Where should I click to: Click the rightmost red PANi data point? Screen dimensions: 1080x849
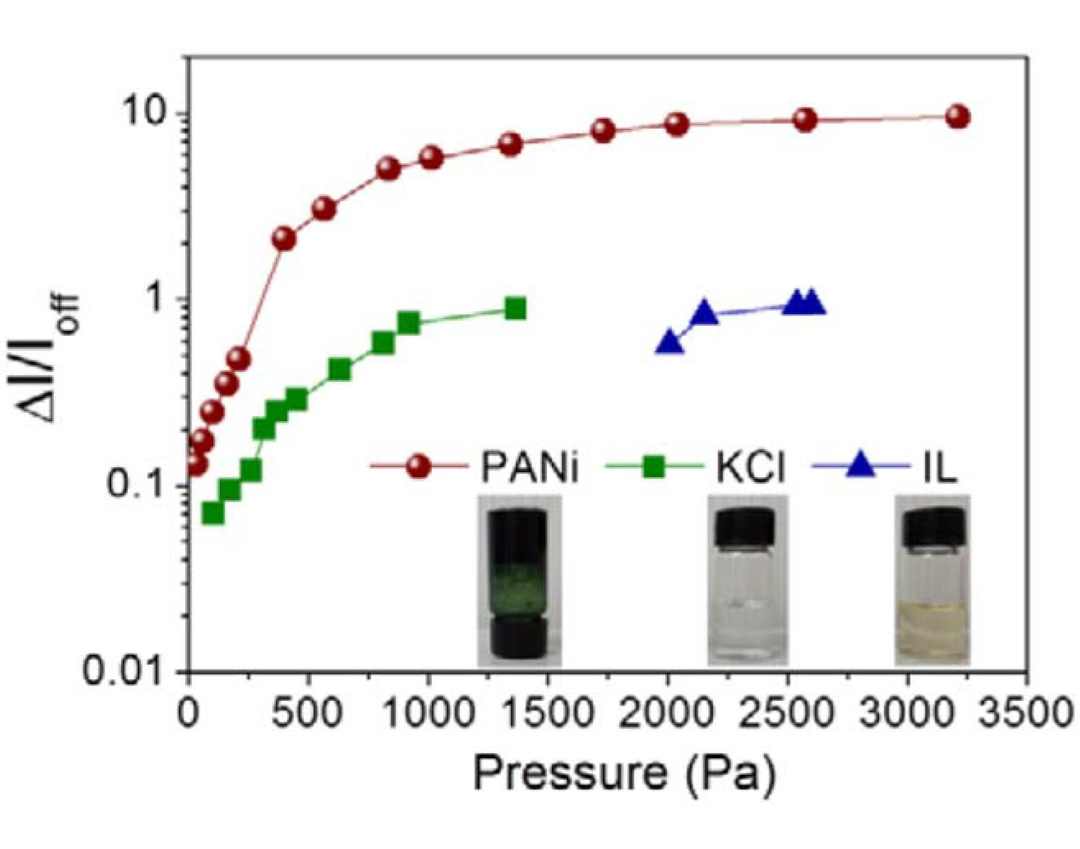(x=958, y=117)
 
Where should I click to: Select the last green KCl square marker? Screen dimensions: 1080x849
(x=515, y=308)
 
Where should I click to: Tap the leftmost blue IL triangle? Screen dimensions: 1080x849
(x=669, y=342)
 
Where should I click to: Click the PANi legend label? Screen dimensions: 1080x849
(x=530, y=467)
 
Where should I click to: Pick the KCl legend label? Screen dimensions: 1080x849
(x=751, y=467)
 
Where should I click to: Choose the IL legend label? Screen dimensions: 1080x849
(x=940, y=467)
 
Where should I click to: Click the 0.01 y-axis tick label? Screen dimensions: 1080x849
(x=124, y=670)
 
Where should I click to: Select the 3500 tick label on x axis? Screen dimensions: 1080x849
(x=1025, y=713)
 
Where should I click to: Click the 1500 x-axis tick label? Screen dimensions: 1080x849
(x=548, y=713)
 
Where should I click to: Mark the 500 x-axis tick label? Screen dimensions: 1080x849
(x=307, y=713)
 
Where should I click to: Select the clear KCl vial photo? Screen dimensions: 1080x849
(x=747, y=581)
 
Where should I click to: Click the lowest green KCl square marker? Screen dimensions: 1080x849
(x=213, y=513)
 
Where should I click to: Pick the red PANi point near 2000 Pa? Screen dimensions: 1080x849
(x=677, y=125)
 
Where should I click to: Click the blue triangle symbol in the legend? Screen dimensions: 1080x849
(x=860, y=466)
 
